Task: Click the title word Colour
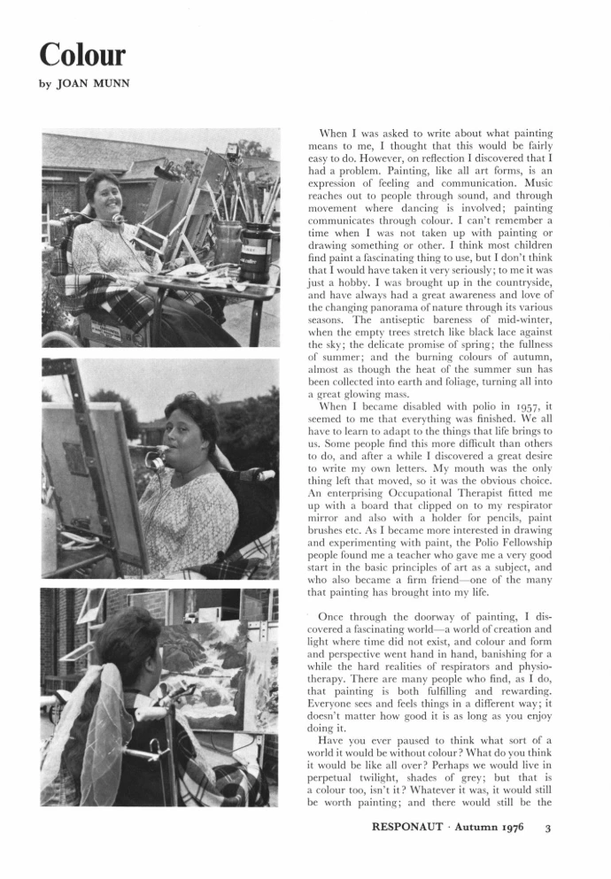pyautogui.click(x=82, y=55)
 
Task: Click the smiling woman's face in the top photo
pyautogui.click(x=104, y=197)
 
